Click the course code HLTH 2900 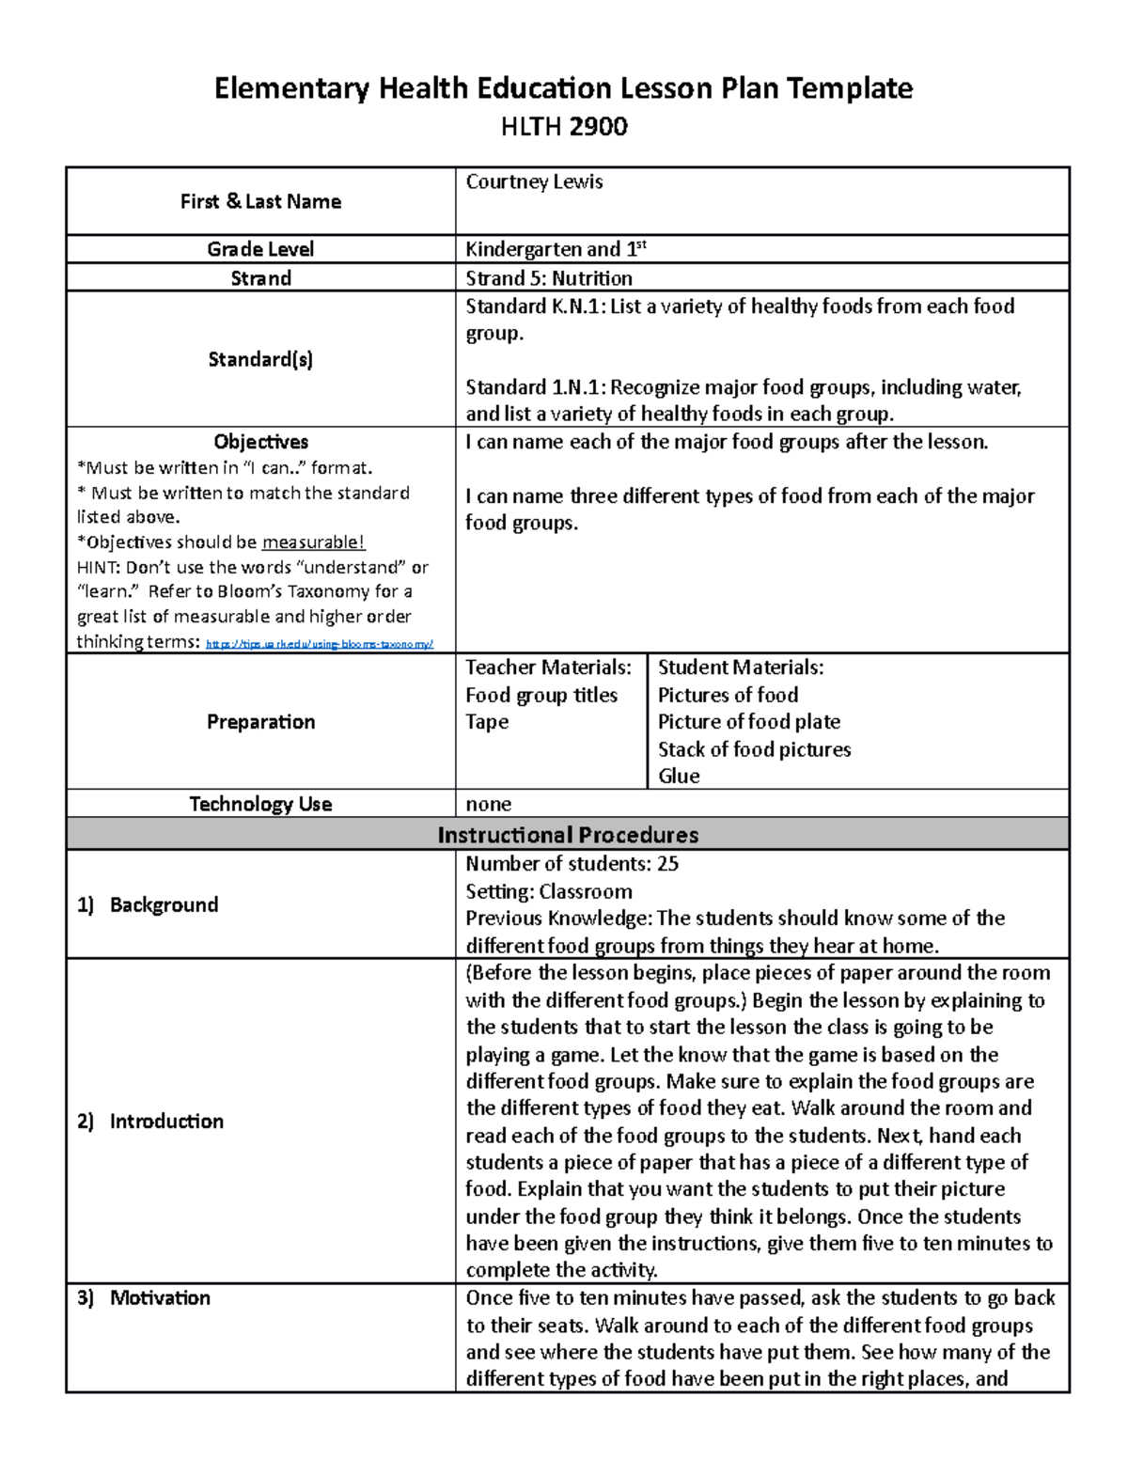coord(564,127)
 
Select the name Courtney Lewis coord(534,181)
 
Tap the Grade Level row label coord(260,249)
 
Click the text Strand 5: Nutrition coord(549,278)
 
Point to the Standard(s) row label coord(260,359)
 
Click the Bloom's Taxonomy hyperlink coord(319,644)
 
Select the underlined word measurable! coord(313,542)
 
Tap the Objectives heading coord(260,442)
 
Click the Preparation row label coord(260,722)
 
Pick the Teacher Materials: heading coord(548,667)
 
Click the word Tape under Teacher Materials coord(487,722)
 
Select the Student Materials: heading coord(741,667)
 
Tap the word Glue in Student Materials coord(679,777)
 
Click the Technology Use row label coord(260,804)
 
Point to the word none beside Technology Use coord(489,805)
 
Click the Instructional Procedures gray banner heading coord(568,835)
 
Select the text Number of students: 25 coord(572,864)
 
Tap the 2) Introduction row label coord(150,1122)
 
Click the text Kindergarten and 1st coord(556,249)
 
